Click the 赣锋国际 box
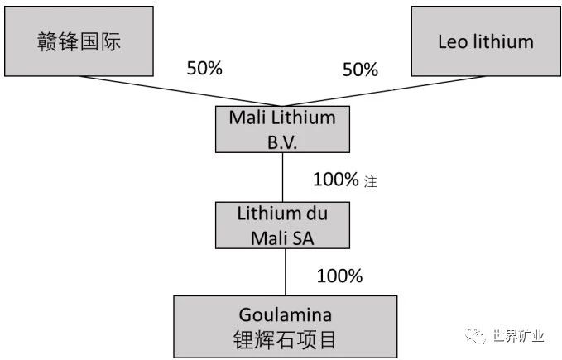(79, 41)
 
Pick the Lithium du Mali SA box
(282, 226)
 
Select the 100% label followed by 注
(336, 179)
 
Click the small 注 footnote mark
(371, 181)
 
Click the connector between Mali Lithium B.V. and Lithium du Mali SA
(283, 177)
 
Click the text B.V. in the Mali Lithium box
(282, 141)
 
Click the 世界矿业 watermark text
(518, 335)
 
